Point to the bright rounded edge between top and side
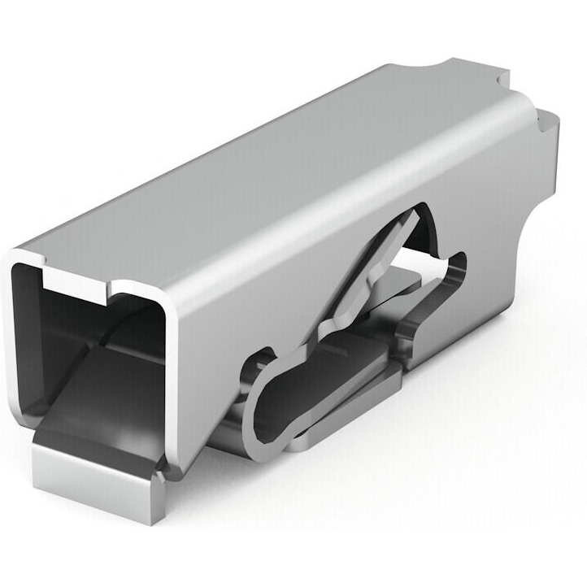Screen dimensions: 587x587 [x=341, y=203]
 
